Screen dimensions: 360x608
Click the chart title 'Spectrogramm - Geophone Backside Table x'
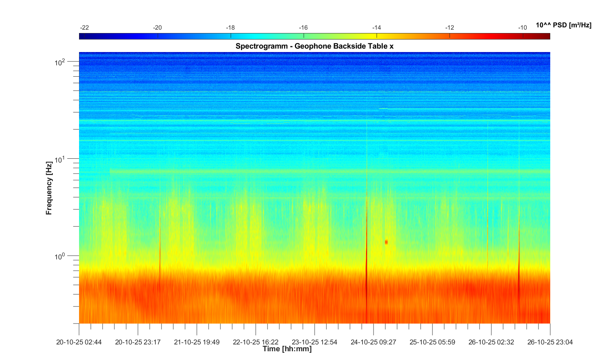click(x=314, y=46)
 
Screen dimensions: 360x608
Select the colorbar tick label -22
click(x=84, y=28)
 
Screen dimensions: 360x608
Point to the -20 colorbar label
click(x=157, y=28)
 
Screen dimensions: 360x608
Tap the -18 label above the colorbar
click(x=230, y=28)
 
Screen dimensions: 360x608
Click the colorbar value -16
click(x=303, y=28)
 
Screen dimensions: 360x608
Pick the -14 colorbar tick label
click(x=377, y=28)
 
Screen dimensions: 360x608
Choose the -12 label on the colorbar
click(x=450, y=28)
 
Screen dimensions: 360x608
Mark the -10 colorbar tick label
click(x=522, y=28)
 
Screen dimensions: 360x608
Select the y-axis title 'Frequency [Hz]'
click(x=49, y=188)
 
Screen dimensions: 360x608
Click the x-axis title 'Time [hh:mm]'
click(x=287, y=349)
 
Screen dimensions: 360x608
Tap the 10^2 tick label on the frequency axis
click(x=60, y=62)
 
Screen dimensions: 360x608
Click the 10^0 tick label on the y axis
click(x=60, y=257)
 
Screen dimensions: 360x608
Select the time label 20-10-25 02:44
click(x=79, y=342)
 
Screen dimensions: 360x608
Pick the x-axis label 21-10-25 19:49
click(x=197, y=342)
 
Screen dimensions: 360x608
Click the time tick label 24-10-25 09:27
click(x=373, y=342)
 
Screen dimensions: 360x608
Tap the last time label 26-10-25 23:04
click(x=550, y=342)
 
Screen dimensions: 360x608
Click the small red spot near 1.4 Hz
click(x=386, y=242)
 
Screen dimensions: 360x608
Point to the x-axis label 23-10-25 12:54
click(x=314, y=342)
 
